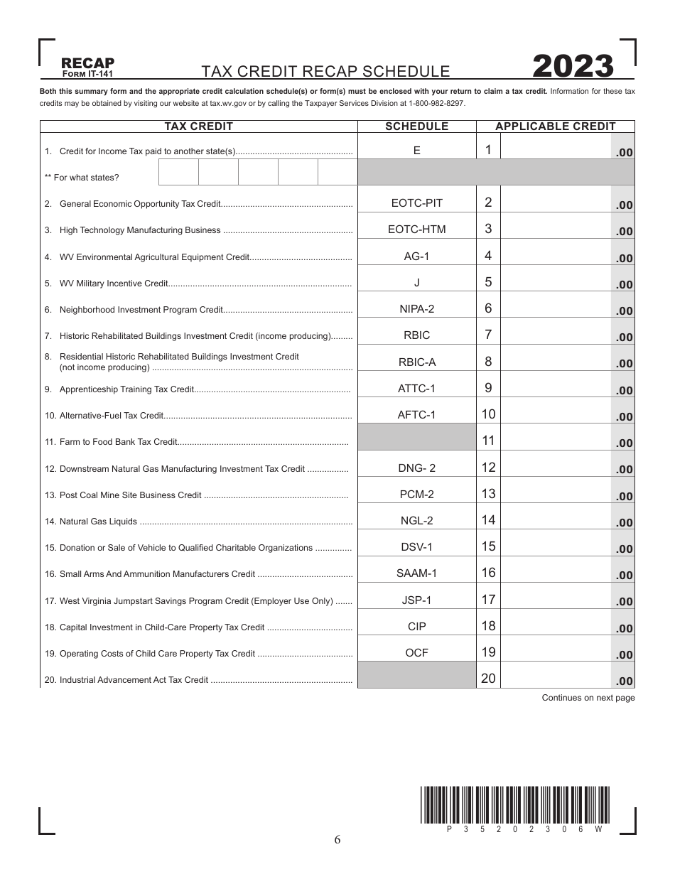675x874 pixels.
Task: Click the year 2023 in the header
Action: point(573,66)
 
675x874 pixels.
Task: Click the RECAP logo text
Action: point(88,63)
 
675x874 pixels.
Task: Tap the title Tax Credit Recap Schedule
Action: point(325,71)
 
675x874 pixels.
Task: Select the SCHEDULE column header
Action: point(416,126)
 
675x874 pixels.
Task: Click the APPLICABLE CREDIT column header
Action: point(555,126)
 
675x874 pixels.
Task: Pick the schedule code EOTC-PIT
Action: point(416,203)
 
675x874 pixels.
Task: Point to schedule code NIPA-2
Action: point(416,308)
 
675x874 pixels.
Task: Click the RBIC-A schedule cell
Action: point(416,362)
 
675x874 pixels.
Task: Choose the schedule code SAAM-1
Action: point(416,573)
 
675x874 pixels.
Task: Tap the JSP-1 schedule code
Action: point(416,600)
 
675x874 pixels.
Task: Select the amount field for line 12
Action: point(555,467)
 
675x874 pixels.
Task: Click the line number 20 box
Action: point(488,678)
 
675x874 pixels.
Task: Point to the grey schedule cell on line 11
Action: point(416,438)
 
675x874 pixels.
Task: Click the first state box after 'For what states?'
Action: point(178,173)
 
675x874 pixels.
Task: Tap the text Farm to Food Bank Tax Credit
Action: point(118,442)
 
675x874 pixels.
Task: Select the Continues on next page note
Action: point(588,698)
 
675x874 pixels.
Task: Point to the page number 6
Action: point(337,840)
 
